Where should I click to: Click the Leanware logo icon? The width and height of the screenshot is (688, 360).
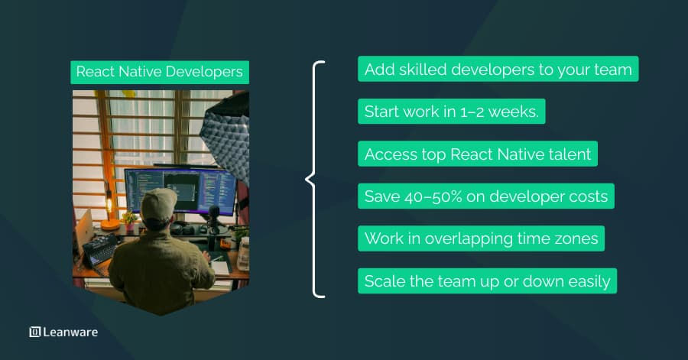tap(34, 332)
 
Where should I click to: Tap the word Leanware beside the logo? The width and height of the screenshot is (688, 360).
tap(70, 332)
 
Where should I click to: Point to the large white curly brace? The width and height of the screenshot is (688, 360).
tap(313, 180)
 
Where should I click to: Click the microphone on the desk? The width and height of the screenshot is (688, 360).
tap(214, 215)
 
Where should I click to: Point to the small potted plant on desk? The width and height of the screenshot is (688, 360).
tap(129, 220)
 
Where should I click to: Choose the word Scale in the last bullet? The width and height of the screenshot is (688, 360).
tap(384, 281)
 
